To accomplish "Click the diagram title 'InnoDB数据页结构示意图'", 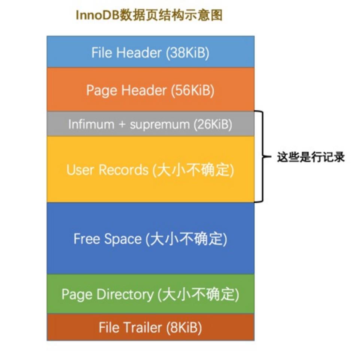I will tap(149, 15).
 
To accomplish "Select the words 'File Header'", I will tap(127, 53).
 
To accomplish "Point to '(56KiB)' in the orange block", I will tap(192, 90).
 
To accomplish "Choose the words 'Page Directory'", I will tap(107, 294).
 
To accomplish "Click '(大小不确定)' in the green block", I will tap(198, 294).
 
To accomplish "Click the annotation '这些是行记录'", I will tap(310, 157).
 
